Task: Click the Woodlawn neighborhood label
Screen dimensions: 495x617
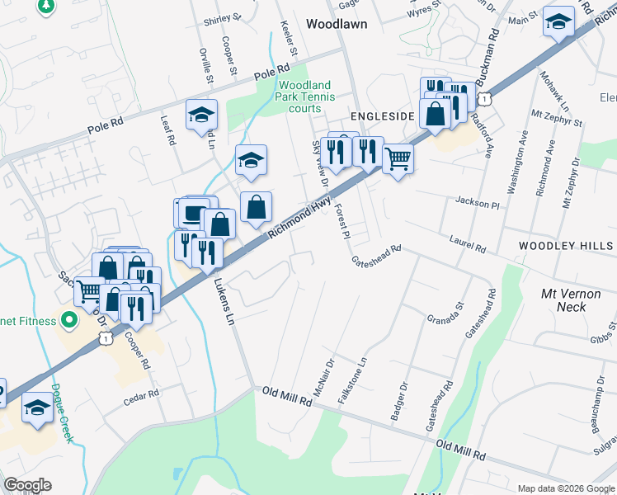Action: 337,25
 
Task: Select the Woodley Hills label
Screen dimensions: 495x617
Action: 566,246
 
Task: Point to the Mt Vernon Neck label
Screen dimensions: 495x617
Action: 563,300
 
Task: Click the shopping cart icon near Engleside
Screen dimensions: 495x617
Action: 398,158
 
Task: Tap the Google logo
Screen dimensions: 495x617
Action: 27,485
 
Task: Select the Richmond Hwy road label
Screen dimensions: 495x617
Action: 299,218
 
